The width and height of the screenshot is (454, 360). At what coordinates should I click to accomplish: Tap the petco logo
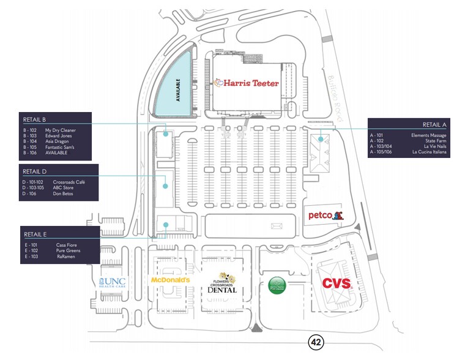[x=325, y=215]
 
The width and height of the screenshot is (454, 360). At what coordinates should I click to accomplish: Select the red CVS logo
[x=336, y=283]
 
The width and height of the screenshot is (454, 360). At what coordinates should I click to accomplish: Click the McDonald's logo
[x=171, y=280]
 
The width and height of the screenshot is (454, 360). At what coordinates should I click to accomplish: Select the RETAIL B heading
[x=35, y=119]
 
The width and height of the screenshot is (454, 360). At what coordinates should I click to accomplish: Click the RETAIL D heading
[x=35, y=171]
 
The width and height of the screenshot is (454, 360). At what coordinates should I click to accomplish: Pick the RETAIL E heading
[x=35, y=234]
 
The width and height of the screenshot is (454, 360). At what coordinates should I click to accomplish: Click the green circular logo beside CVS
[x=278, y=284]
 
